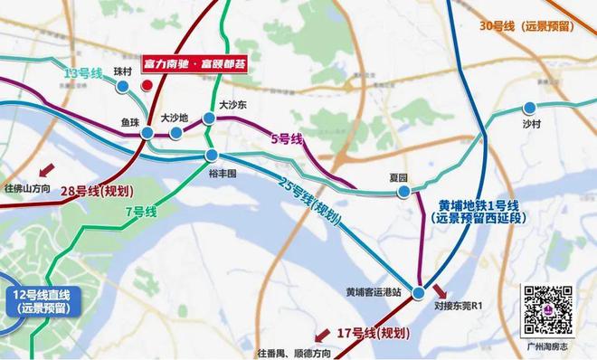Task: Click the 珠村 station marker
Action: point(123,86)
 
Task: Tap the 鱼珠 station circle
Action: point(147,133)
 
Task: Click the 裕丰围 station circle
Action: point(211,156)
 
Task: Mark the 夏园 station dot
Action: point(403,191)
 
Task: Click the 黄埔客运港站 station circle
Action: point(419,293)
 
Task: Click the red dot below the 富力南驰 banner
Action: point(147,86)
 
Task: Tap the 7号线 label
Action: point(140,211)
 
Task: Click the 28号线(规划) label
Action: point(94,190)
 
